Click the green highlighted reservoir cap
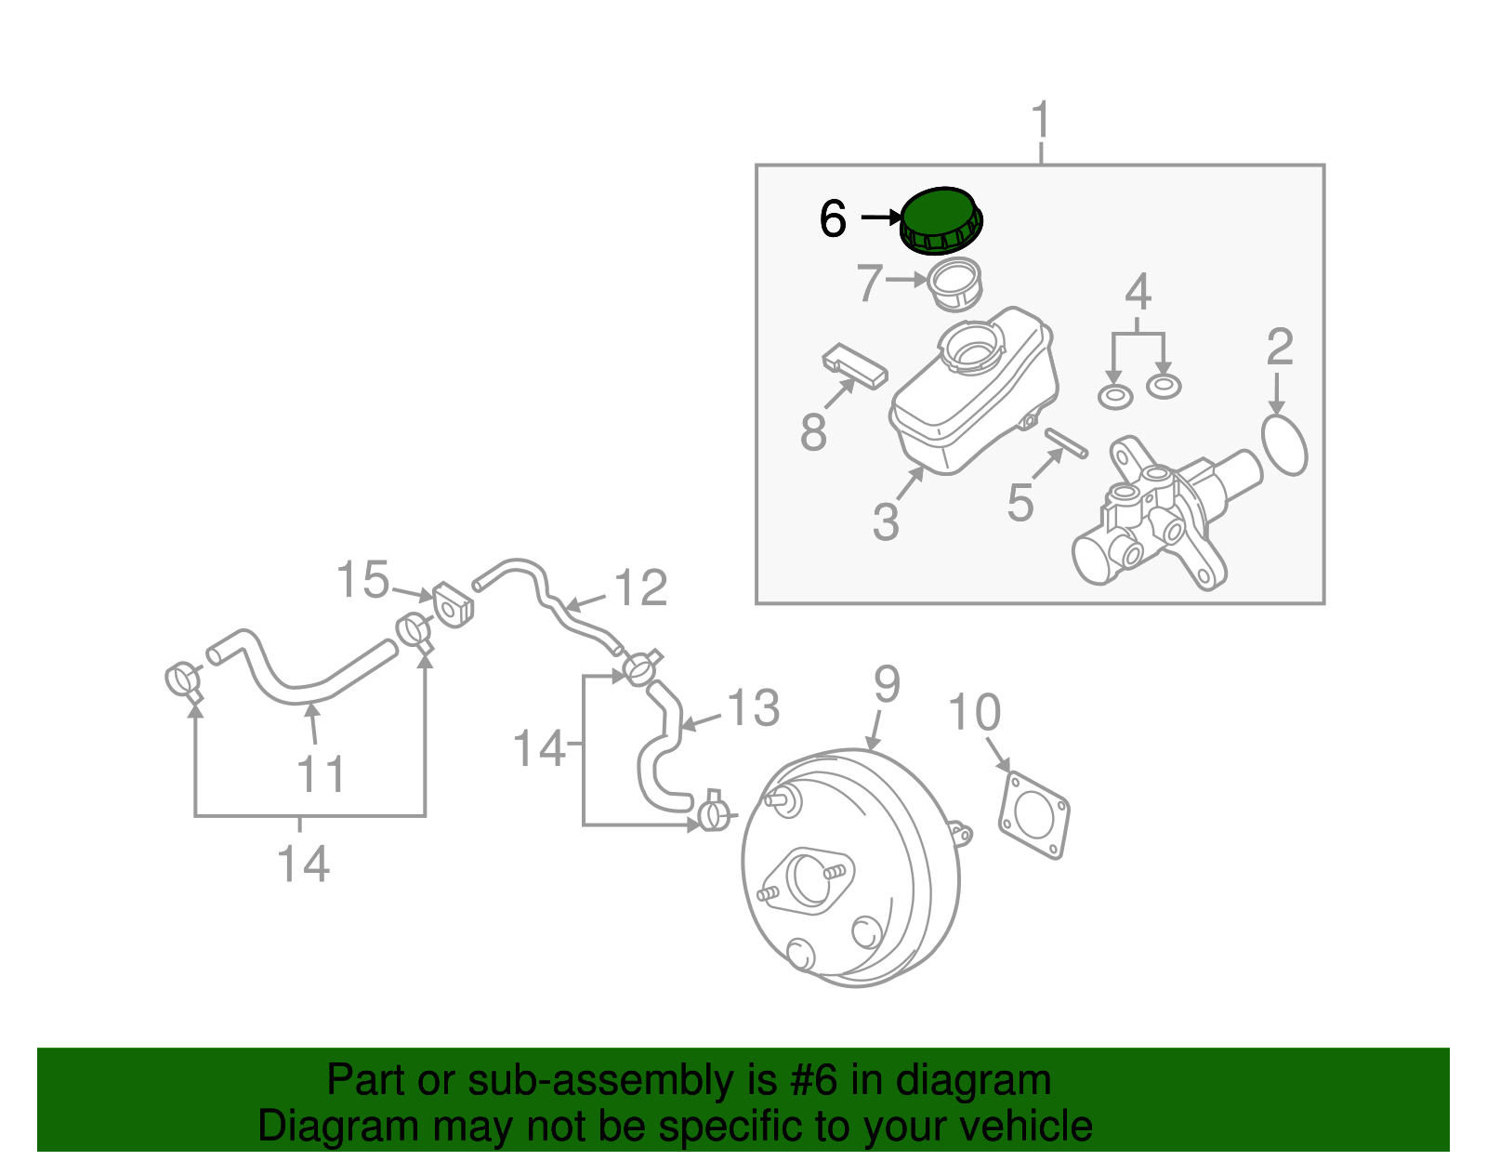(941, 218)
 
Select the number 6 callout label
(833, 219)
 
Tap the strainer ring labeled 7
(955, 284)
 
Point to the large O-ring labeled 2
(1285, 446)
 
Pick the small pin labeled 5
(1065, 442)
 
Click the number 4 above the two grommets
(1138, 292)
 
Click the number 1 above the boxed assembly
(1041, 122)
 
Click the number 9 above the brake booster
(887, 685)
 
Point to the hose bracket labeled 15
(453, 604)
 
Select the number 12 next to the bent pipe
(641, 587)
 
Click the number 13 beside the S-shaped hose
(752, 708)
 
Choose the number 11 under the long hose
(321, 774)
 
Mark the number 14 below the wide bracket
(303, 864)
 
